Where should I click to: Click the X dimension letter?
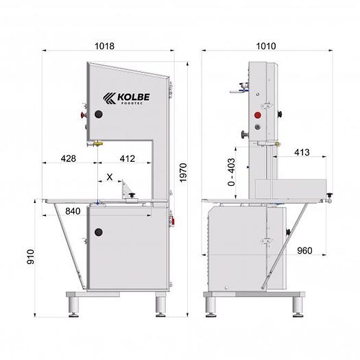[110, 176]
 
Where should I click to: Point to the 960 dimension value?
[305, 251]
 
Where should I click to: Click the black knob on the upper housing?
[98, 114]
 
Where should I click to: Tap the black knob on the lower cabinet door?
[98, 231]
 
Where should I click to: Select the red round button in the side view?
[259, 115]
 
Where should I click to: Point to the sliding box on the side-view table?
[290, 186]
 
